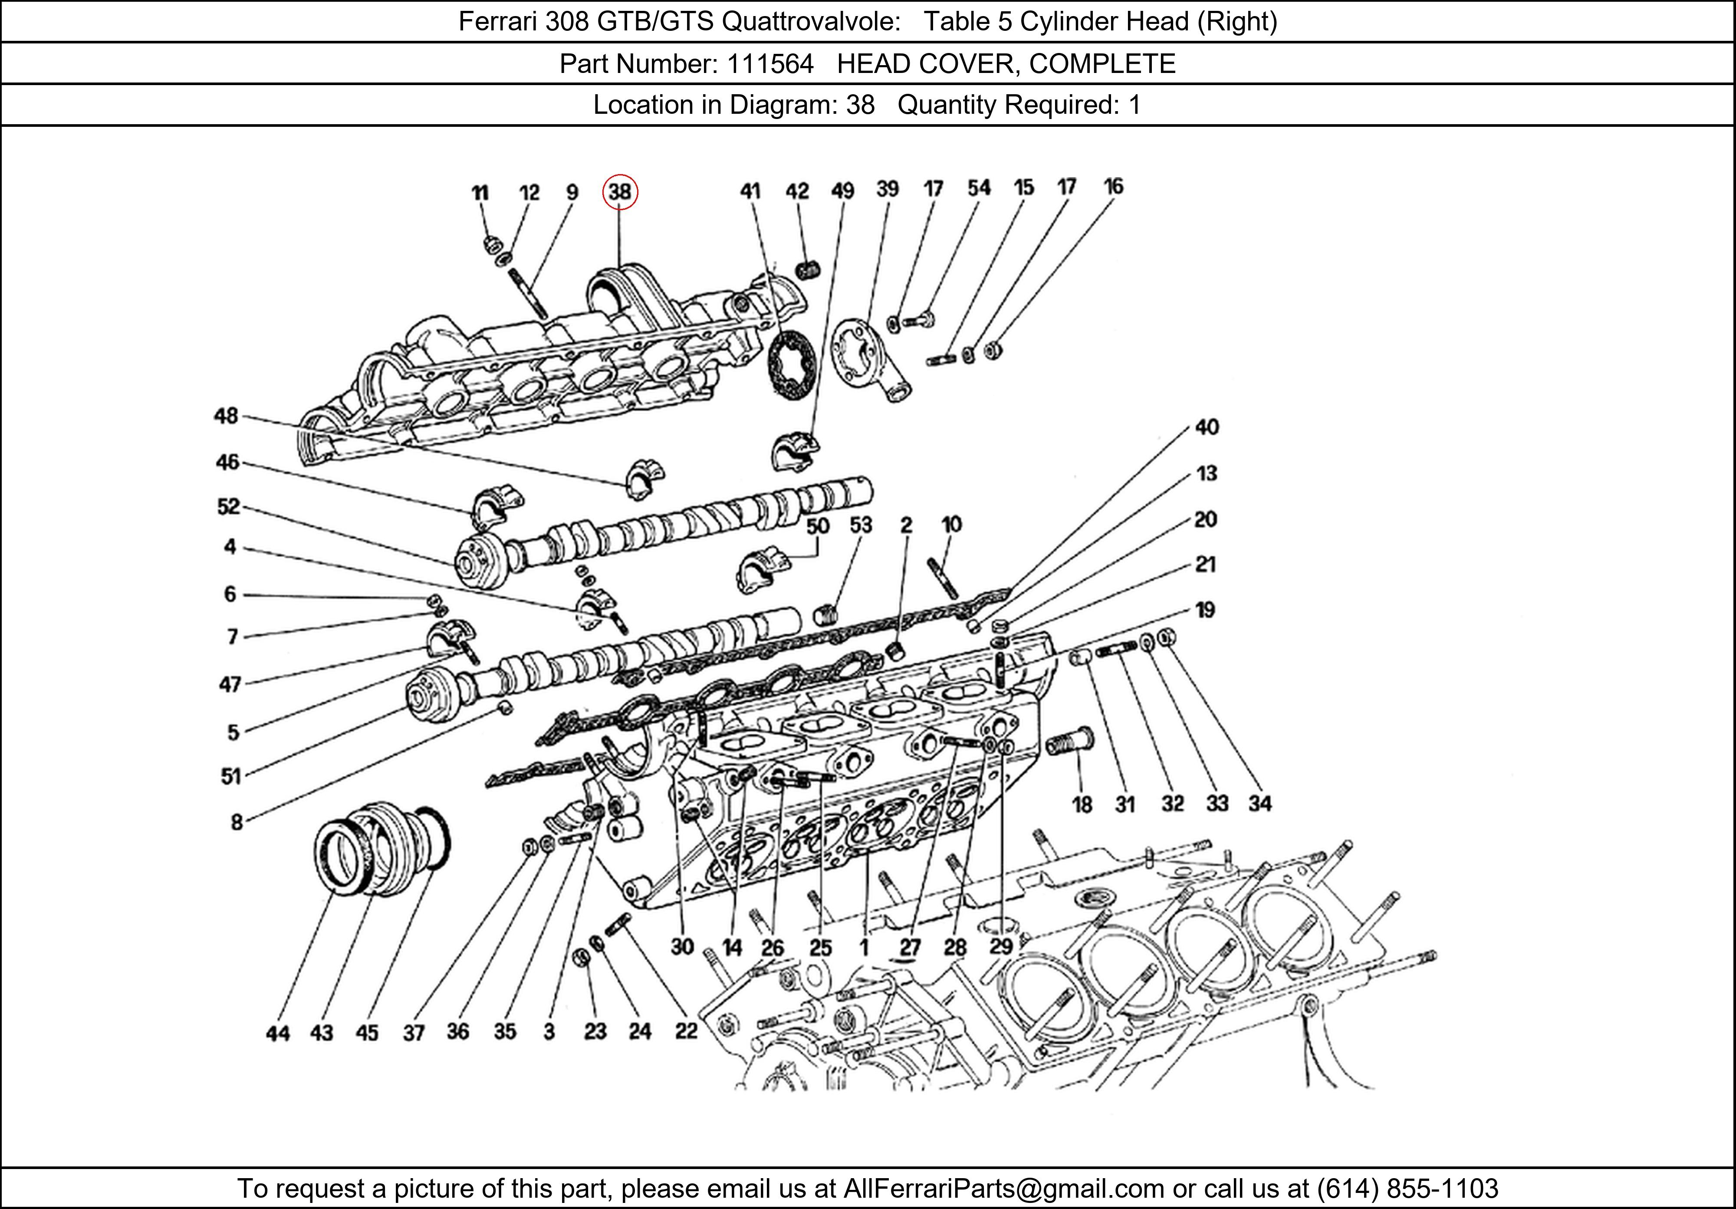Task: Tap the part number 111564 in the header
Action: point(770,63)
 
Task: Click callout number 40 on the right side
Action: point(1207,427)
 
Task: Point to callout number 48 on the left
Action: point(226,416)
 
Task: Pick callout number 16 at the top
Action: point(1113,186)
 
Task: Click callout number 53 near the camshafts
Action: point(861,525)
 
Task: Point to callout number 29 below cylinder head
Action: point(1001,946)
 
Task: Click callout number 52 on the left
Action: point(228,506)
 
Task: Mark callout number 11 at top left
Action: point(480,193)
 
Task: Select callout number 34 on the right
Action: point(1259,803)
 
